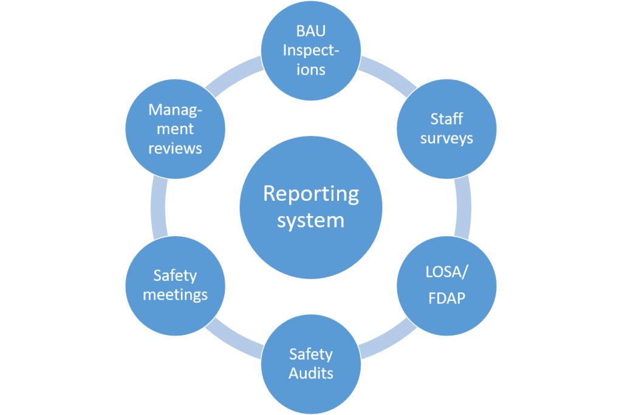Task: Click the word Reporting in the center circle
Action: [310, 194]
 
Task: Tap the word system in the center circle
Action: [310, 220]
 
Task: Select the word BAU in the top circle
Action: [310, 31]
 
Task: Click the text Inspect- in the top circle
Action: [310, 50]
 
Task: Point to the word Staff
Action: [446, 118]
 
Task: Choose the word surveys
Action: [446, 138]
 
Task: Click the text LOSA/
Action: [446, 274]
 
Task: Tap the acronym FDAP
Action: [446, 298]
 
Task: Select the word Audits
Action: [310, 373]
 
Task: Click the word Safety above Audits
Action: [310, 353]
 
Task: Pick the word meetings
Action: [175, 295]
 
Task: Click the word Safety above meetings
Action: [175, 275]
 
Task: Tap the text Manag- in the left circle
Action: [175, 110]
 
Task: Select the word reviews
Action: [175, 148]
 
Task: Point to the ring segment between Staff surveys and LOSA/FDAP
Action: [463, 207]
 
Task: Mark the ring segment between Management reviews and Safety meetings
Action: [158, 207]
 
